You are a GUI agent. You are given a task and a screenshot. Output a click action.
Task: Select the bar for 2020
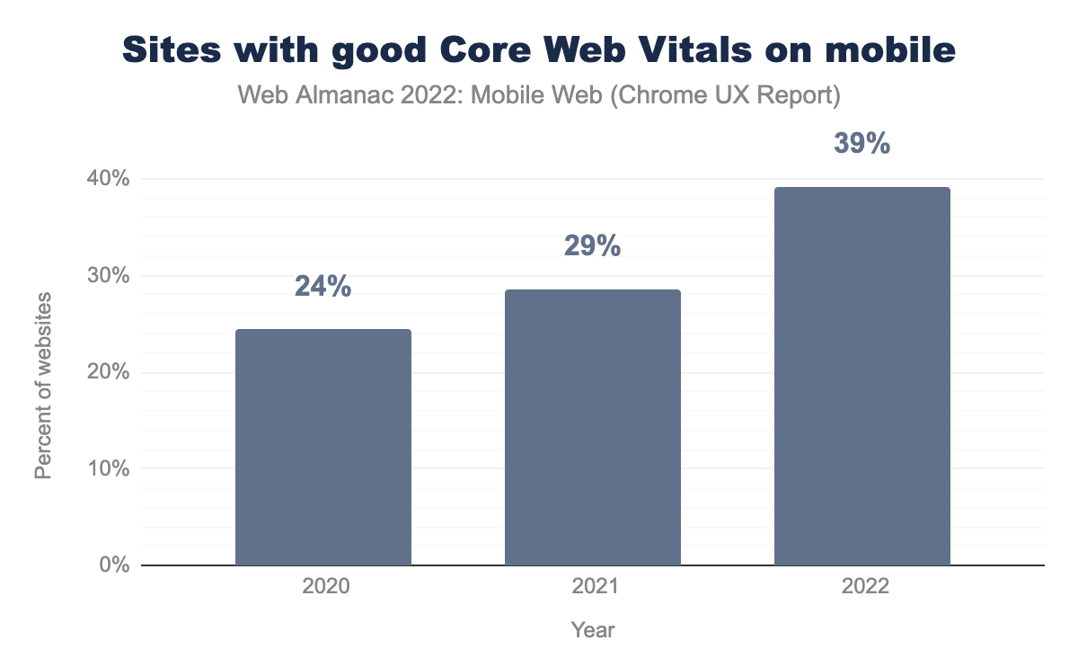pyautogui.click(x=323, y=447)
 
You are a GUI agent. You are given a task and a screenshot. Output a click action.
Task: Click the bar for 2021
pyautogui.click(x=593, y=427)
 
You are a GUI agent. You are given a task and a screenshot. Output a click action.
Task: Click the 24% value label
pyautogui.click(x=323, y=287)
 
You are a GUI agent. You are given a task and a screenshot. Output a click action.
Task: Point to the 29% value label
pyautogui.click(x=593, y=246)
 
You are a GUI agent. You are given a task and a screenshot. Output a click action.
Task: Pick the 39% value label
pyautogui.click(x=862, y=144)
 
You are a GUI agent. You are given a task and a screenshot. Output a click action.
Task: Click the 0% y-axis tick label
pyautogui.click(x=114, y=565)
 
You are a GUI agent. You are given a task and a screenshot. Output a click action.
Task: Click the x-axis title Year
pyautogui.click(x=593, y=630)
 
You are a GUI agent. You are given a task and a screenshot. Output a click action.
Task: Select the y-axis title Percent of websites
pyautogui.click(x=43, y=386)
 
